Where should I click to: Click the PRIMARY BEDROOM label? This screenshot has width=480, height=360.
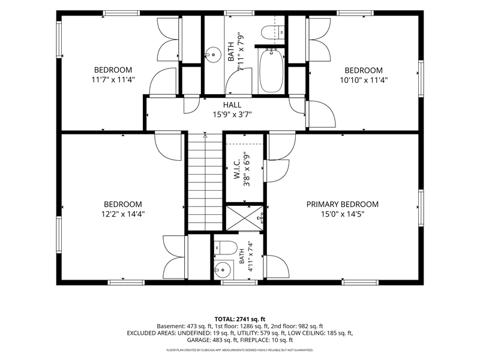tap(342, 204)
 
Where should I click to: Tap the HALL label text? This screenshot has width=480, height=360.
tap(232, 105)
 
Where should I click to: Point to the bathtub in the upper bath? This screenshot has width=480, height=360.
tap(271, 71)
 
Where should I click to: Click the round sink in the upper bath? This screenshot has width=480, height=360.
tap(213, 55)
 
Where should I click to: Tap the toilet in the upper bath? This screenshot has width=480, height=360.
tap(273, 32)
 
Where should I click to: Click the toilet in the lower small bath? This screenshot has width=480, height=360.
tap(226, 248)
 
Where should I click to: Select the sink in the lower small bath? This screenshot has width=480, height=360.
tap(223, 270)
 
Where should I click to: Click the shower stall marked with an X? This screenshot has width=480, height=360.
tap(244, 218)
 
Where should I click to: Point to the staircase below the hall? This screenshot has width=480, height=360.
tap(205, 182)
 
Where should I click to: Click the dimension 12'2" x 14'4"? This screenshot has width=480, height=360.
tap(123, 214)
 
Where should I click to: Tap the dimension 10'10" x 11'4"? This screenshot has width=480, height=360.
tap(364, 80)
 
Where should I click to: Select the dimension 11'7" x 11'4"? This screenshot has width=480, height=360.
tap(113, 80)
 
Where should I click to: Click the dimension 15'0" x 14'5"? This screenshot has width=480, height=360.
tap(342, 214)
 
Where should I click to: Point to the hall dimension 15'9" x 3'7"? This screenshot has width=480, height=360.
tap(232, 115)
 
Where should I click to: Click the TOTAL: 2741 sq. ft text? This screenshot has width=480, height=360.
tap(239, 319)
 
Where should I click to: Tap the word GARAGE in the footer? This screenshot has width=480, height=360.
tap(197, 340)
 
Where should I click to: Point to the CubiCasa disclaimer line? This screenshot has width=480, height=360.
tap(239, 350)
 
